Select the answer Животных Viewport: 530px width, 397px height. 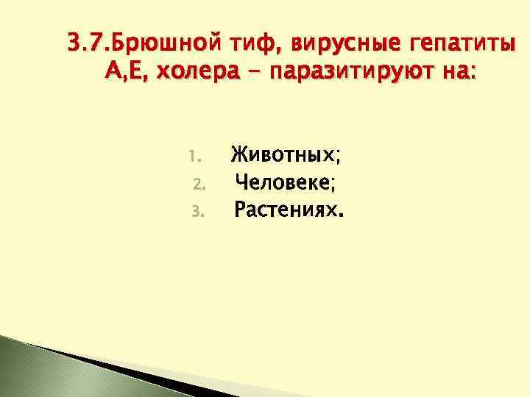(283, 156)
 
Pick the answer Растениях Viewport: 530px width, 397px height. (285, 212)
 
